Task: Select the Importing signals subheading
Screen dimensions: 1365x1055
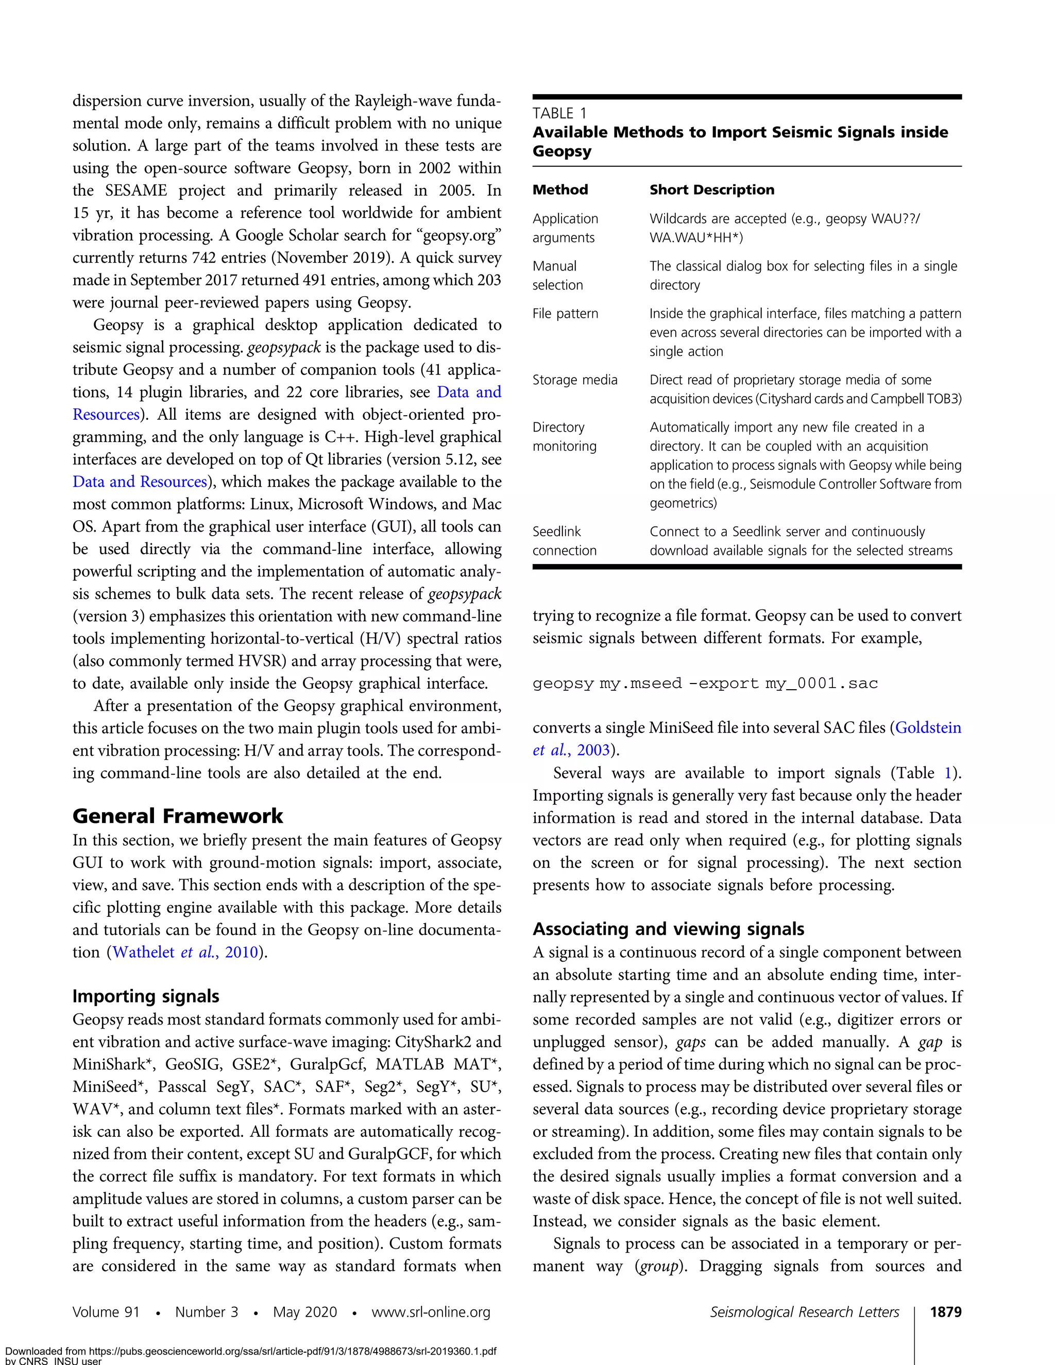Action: click(146, 996)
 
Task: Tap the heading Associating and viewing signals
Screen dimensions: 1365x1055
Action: click(668, 929)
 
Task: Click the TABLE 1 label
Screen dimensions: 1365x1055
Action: click(559, 113)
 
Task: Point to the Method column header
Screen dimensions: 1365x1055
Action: click(560, 190)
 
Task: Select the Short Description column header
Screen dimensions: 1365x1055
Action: click(711, 190)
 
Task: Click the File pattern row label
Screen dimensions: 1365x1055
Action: click(565, 313)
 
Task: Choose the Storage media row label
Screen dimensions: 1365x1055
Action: click(574, 380)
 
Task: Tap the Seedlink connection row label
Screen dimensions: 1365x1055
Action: click(565, 541)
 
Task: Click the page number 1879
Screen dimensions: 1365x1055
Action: click(945, 1311)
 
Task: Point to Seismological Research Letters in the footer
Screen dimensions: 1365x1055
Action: click(804, 1311)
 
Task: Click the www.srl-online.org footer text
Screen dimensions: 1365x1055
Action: click(431, 1311)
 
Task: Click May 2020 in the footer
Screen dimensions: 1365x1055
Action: click(304, 1311)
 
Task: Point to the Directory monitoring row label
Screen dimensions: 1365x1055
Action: click(565, 436)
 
